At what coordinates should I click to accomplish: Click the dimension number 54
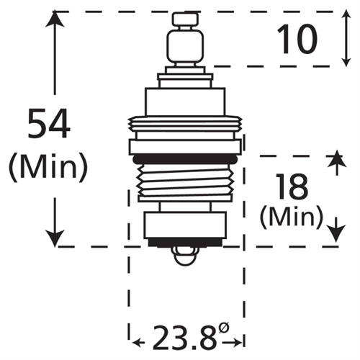48,122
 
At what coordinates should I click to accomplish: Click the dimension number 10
297,40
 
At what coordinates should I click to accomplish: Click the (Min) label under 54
48,167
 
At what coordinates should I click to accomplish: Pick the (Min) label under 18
290,215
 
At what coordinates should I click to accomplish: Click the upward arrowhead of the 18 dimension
333,160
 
